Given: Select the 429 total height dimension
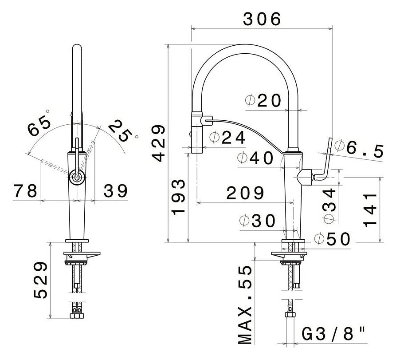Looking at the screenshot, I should (x=157, y=143).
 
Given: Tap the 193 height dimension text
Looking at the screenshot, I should (x=178, y=198).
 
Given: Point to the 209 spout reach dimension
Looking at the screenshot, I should (x=245, y=193).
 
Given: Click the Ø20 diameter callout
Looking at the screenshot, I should (x=263, y=101).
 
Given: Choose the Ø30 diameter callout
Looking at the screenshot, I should (x=257, y=221).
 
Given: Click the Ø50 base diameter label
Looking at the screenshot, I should (x=332, y=238).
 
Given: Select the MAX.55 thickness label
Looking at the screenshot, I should (x=246, y=305).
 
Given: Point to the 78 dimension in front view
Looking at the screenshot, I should (x=25, y=191).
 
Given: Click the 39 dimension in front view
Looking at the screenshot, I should (x=116, y=191).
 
